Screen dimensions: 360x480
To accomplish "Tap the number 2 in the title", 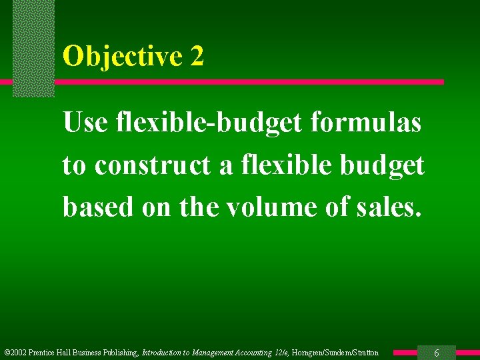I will tap(197, 57).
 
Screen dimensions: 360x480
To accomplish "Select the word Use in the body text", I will tap(85, 123).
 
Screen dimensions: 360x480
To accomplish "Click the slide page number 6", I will tap(436, 353).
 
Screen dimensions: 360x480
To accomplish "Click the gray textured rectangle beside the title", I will tap(33, 47).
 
